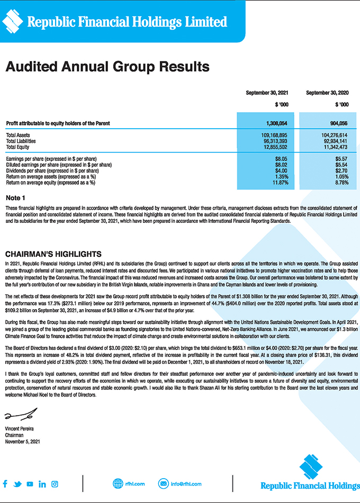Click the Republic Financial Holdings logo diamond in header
pos(12,21)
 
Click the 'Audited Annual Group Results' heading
pos(107,67)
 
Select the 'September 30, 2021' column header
pos(267,93)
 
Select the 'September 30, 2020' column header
pos(327,93)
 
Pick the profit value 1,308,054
pos(276,123)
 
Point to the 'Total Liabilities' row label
pos(21,141)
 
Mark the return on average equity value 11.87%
pos(280,183)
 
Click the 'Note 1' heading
pos(15,197)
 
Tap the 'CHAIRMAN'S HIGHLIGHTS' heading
pos(53,254)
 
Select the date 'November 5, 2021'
pos(23,441)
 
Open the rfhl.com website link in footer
pos(133,483)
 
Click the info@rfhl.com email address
pos(186,483)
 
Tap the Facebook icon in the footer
pos(5,484)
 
